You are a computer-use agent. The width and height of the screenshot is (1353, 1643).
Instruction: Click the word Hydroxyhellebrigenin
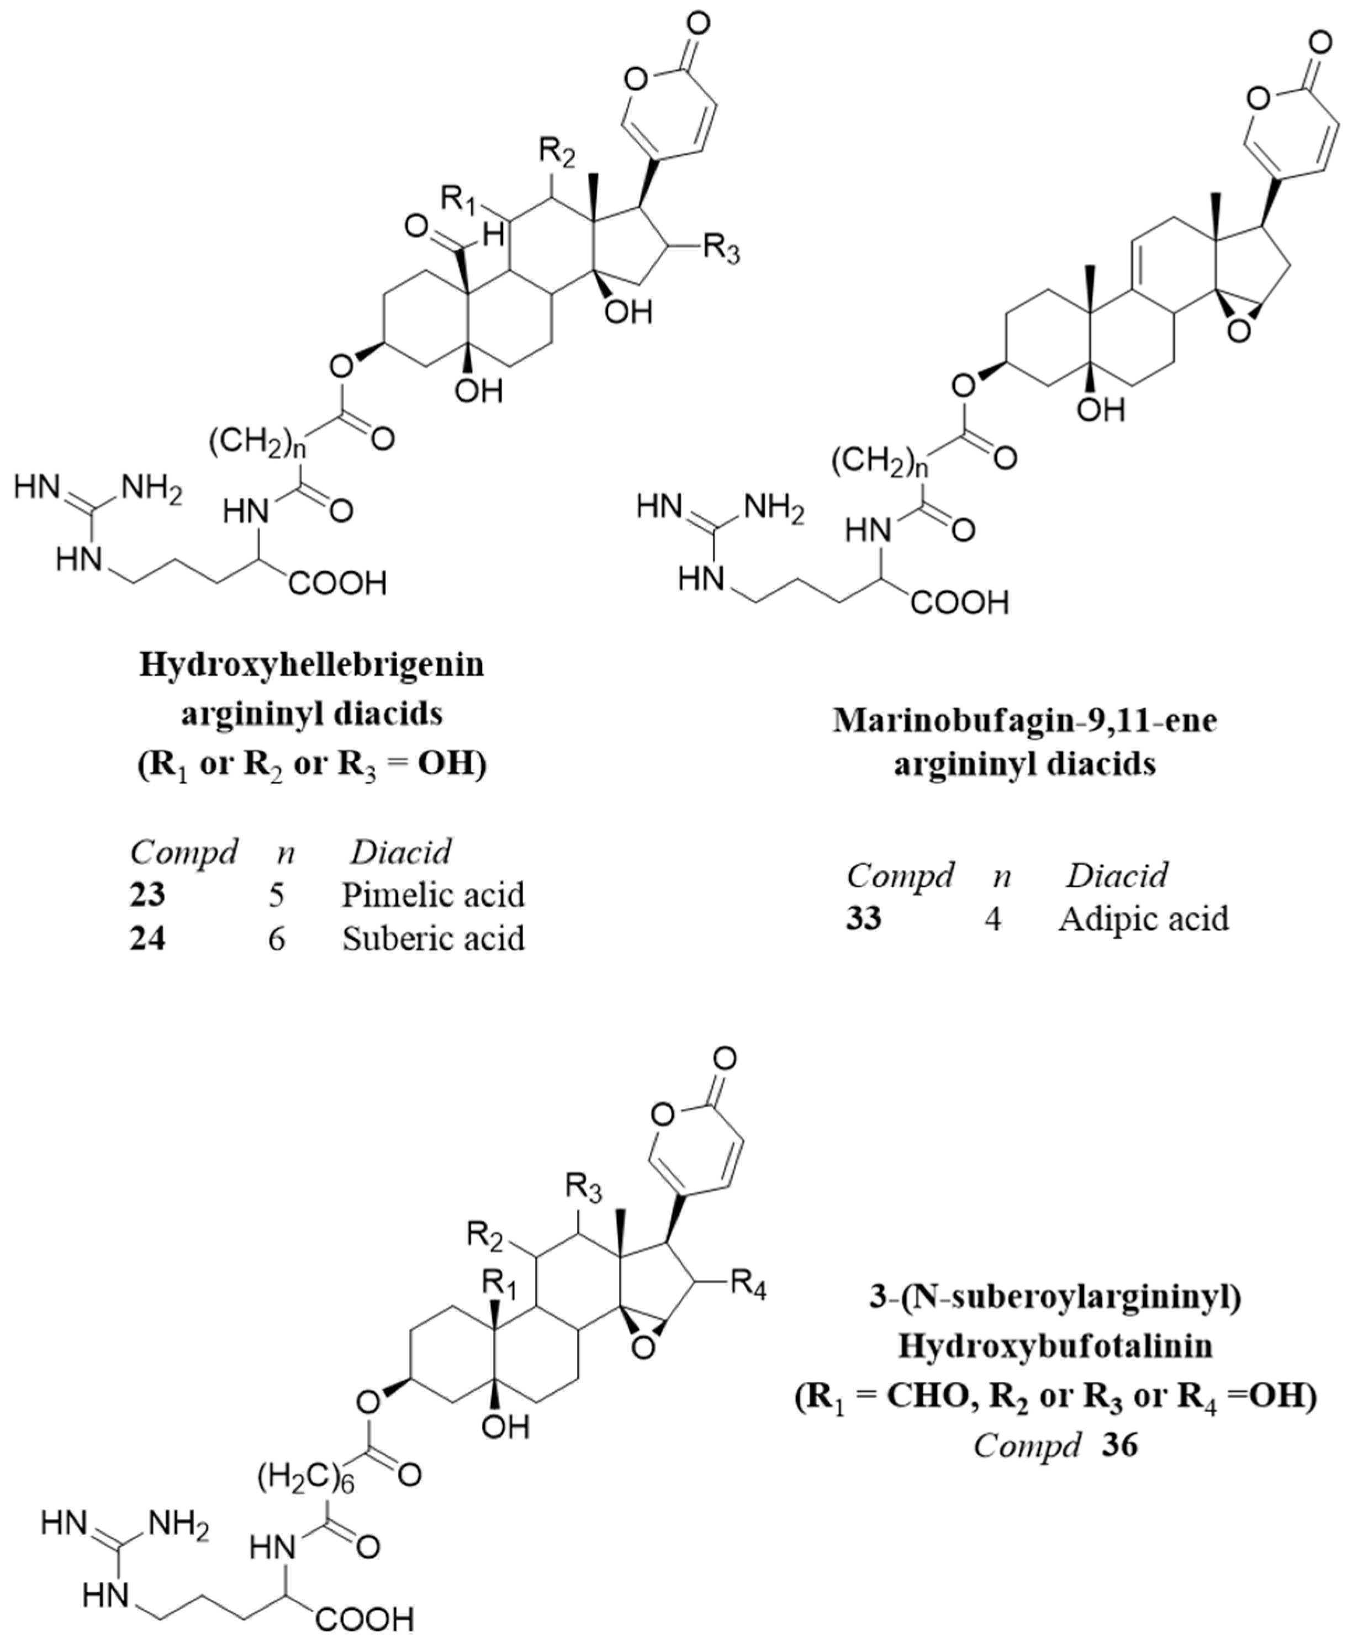point(312,665)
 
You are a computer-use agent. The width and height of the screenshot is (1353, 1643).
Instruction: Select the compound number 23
point(147,894)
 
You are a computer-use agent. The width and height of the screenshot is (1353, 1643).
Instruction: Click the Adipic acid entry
point(1143,919)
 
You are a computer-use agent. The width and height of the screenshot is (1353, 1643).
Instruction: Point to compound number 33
point(864,919)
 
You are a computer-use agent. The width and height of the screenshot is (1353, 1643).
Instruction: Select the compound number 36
point(1120,1446)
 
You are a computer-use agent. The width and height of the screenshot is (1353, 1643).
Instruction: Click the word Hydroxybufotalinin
point(1055,1346)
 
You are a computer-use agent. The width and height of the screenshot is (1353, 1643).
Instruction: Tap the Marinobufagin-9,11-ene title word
point(1025,720)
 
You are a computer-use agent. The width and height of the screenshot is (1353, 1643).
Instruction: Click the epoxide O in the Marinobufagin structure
point(1238,332)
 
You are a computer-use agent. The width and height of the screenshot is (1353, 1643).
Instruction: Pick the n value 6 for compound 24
point(277,938)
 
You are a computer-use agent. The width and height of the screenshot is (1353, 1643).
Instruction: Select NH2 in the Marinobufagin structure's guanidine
point(774,508)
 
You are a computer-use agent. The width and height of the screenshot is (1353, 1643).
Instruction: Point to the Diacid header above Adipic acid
point(1117,876)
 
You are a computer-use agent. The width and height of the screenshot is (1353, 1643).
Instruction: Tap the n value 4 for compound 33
point(992,920)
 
